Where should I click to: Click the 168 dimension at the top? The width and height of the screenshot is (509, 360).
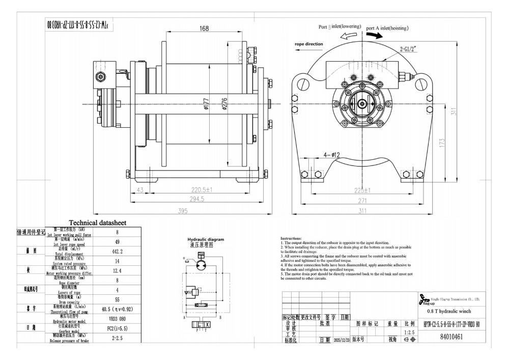pos(204,29)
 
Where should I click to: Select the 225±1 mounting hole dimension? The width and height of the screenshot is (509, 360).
pos(361,190)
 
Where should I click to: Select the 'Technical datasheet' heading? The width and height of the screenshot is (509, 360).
pos(98,223)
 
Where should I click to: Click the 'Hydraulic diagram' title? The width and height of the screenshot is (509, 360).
pos(206,239)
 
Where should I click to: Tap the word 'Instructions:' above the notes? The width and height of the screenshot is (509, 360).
pos(291,238)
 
